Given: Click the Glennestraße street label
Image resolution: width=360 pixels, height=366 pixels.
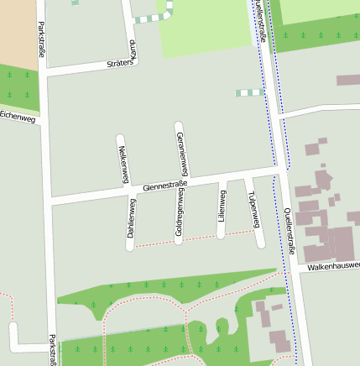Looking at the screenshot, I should click(x=164, y=185).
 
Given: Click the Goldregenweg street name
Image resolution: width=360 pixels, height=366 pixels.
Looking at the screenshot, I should click(x=180, y=216).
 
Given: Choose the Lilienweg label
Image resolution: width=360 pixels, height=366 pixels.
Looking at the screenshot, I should click(x=222, y=207).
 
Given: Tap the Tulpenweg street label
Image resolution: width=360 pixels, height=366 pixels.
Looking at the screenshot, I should click(x=253, y=215).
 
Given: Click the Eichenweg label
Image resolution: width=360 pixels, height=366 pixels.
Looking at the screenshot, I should click(x=18, y=117).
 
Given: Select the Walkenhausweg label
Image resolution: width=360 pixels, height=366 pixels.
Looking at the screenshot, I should click(x=334, y=265).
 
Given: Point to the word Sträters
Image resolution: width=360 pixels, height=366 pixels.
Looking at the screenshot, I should click(x=121, y=63).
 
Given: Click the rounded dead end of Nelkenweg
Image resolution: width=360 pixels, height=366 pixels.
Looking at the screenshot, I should click(x=121, y=137).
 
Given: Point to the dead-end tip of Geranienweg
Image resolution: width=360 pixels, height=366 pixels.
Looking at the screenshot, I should click(x=178, y=126).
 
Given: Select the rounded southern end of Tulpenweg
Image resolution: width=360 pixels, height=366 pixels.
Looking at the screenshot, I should click(x=260, y=243).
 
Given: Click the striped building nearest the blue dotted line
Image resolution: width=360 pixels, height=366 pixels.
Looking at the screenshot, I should click(x=249, y=92).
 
